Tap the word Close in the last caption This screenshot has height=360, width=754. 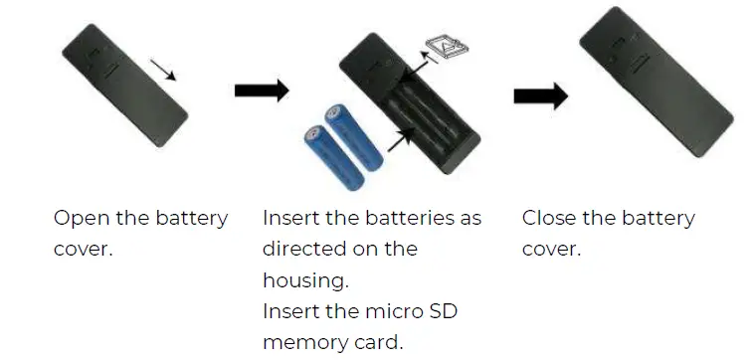547,219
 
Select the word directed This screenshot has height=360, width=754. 300,249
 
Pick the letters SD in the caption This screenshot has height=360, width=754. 445,311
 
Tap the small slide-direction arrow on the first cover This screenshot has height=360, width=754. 165,70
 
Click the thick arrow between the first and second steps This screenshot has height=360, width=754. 261,91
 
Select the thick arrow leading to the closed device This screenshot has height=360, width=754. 540,95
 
